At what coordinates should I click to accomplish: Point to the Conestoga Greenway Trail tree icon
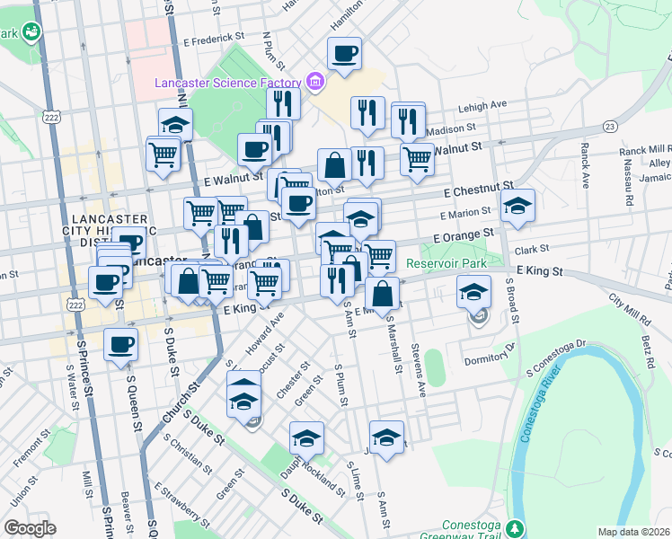tap(514, 527)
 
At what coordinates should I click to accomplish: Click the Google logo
tap(30, 528)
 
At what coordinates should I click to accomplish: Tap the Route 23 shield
tap(610, 127)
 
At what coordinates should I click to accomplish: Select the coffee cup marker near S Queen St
tap(120, 344)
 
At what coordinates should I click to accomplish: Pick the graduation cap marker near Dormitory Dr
tap(473, 291)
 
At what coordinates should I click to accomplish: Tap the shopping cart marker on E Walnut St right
tap(417, 160)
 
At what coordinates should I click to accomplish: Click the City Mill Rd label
tap(629, 309)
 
